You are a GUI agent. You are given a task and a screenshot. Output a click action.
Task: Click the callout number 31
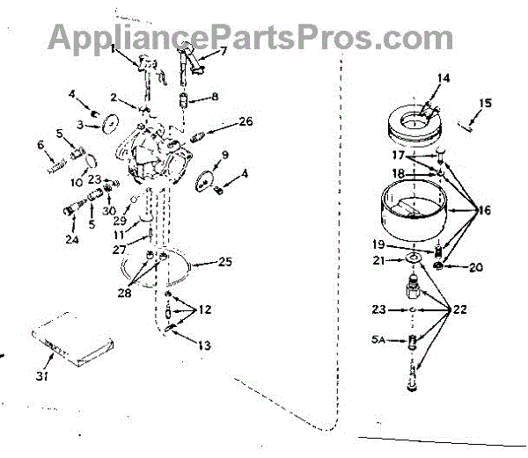tap(41, 376)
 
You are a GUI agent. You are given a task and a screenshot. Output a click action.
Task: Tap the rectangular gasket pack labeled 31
tap(62, 342)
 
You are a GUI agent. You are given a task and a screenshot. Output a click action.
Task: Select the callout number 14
tap(444, 78)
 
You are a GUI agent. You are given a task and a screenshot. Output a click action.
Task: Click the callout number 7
tap(224, 52)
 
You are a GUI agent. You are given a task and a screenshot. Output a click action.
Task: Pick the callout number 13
tap(204, 345)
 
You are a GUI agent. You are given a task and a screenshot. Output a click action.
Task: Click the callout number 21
tap(379, 260)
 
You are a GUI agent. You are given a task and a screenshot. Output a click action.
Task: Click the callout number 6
tap(39, 144)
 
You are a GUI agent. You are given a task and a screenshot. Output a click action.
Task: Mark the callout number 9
tap(225, 155)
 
